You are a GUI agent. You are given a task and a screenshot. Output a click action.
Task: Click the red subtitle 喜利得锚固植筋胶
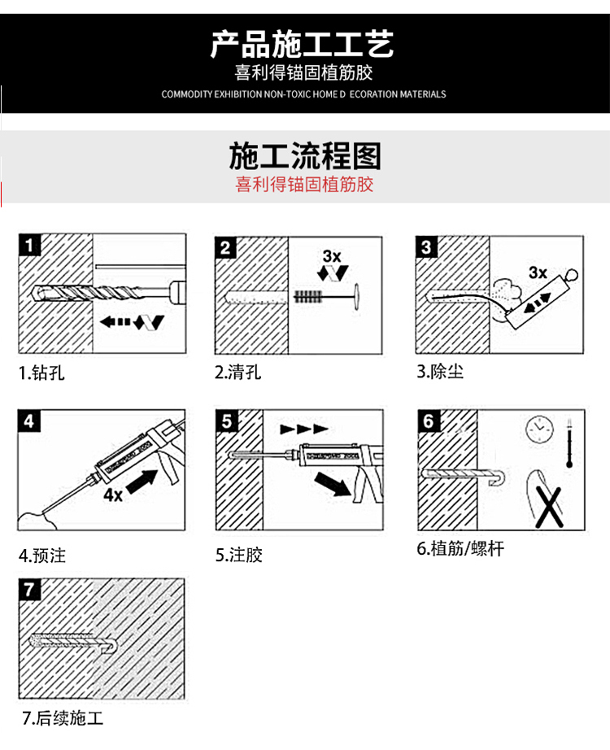coord(304,185)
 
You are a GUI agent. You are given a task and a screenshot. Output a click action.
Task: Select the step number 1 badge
coord(29,245)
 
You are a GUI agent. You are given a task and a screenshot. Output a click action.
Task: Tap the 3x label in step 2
coord(331,256)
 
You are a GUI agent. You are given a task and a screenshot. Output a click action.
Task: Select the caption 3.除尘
coord(440,373)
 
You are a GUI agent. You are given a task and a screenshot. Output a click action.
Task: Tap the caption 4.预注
coord(42,556)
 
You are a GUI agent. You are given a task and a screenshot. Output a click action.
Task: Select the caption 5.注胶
coord(239,556)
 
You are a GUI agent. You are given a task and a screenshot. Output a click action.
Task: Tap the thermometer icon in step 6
coord(569,440)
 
